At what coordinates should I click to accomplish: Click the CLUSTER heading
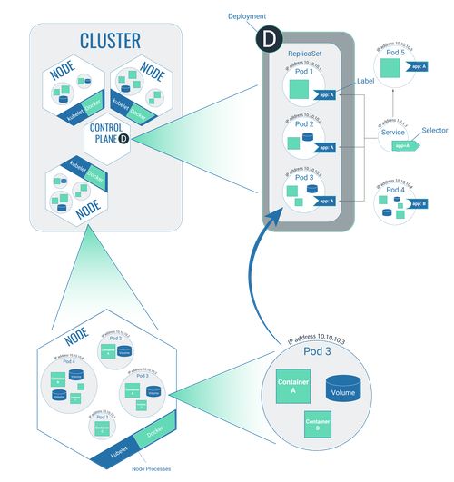[x=109, y=41]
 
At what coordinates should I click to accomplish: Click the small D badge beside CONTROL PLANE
[x=123, y=139]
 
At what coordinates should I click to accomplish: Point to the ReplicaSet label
[x=306, y=55]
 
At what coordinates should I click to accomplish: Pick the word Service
[x=393, y=133]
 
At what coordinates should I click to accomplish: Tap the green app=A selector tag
[x=401, y=144]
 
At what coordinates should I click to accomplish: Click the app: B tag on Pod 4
[x=419, y=204]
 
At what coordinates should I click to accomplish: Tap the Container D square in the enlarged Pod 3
[x=317, y=425]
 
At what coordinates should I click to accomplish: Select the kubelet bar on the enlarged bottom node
[x=114, y=449]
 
